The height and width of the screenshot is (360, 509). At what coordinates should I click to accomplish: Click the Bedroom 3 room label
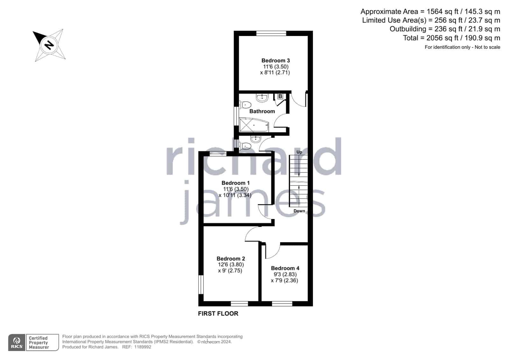tap(275, 60)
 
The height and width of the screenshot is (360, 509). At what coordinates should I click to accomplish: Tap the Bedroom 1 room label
tap(236, 183)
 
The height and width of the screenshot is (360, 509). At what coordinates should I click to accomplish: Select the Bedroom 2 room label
tap(231, 258)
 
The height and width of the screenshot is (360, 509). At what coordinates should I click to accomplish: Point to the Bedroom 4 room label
tap(285, 268)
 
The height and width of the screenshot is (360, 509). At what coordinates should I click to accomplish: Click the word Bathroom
tap(262, 111)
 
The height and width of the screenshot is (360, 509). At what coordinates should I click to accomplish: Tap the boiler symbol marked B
tap(280, 96)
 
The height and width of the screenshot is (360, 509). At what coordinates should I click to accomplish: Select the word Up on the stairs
tap(299, 152)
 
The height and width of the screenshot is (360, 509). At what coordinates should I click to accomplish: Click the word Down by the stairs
tap(299, 211)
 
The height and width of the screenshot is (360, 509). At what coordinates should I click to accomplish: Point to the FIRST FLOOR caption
tap(218, 314)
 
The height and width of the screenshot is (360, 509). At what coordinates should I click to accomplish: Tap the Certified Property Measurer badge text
tap(39, 342)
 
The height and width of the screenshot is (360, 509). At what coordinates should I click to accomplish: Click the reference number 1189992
tap(143, 347)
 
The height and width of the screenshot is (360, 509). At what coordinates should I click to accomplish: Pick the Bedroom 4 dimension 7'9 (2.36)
tap(284, 280)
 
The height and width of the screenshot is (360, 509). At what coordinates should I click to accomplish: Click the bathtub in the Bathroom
tap(254, 124)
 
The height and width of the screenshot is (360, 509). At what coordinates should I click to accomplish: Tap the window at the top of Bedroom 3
tap(271, 33)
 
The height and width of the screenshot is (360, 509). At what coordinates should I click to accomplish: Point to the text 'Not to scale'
tap(487, 47)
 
